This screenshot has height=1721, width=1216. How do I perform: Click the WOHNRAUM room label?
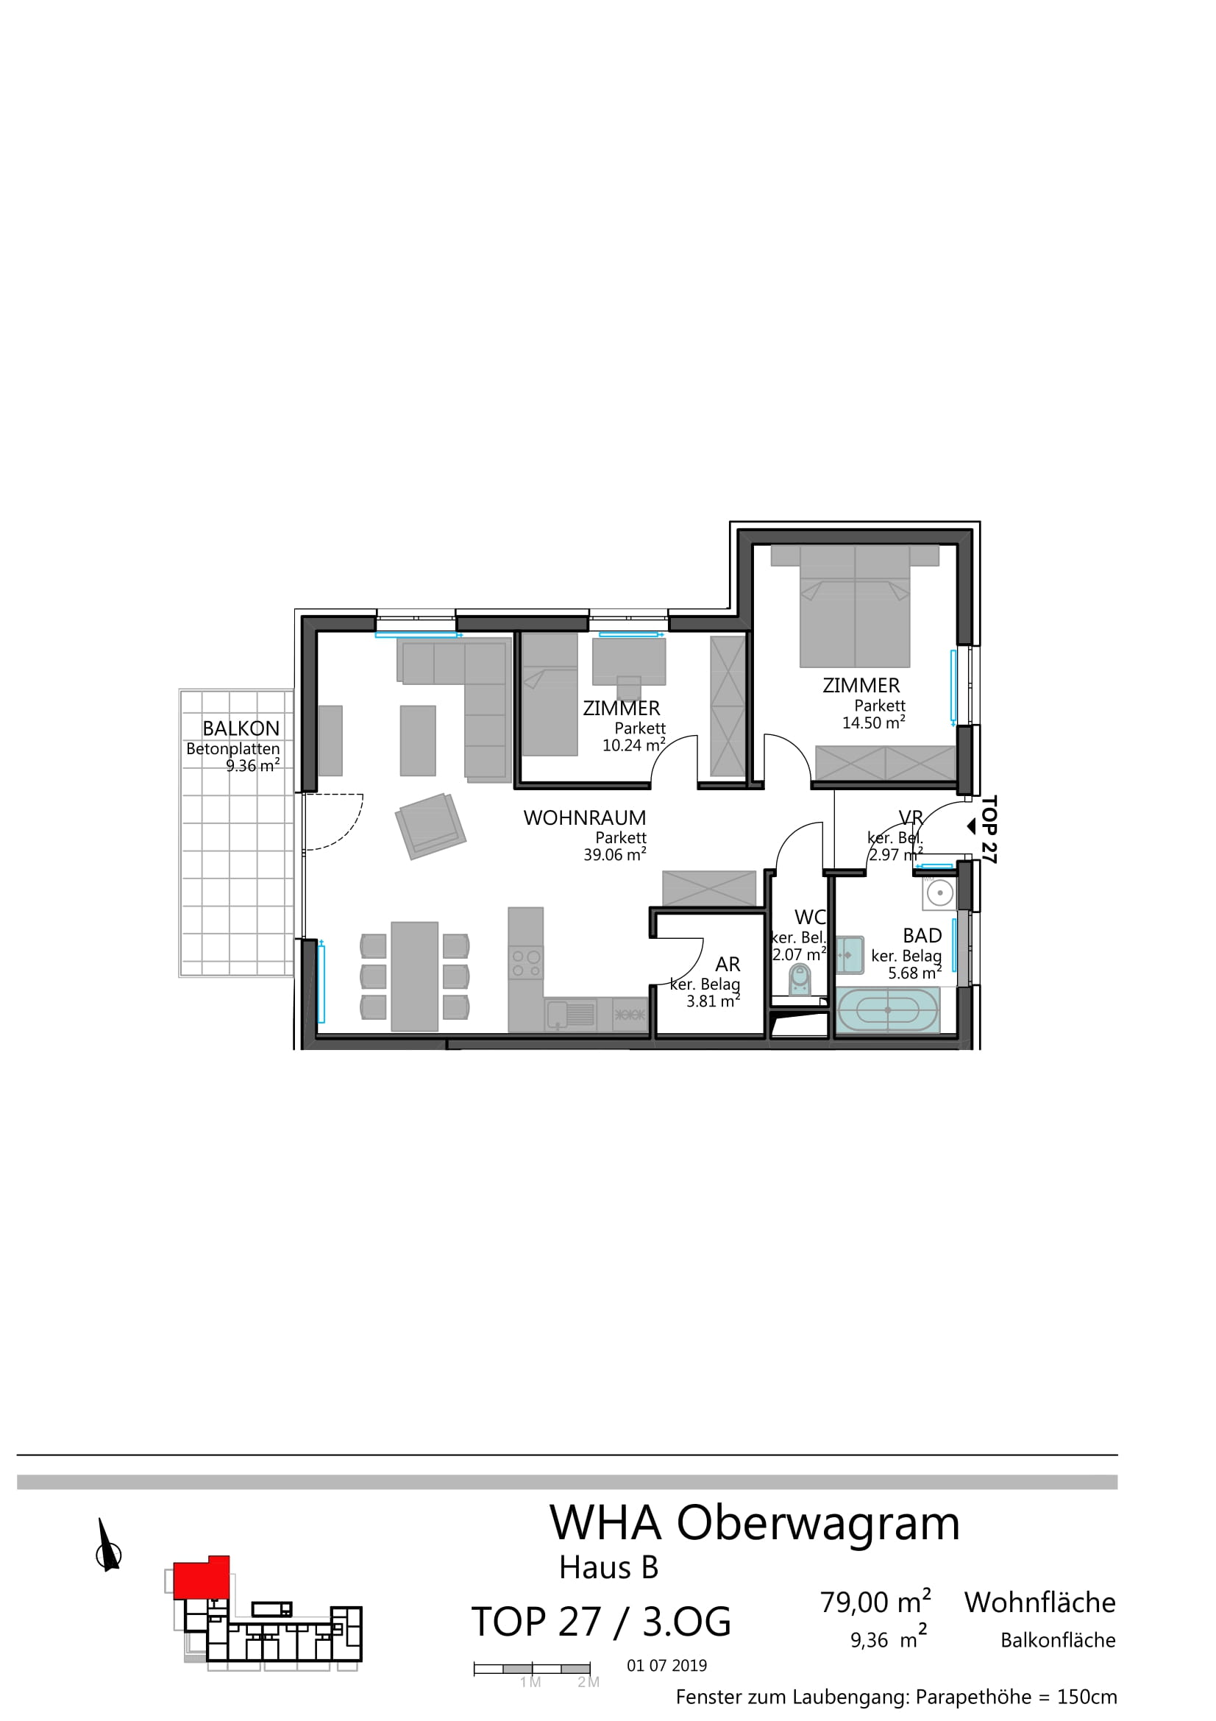click(x=584, y=817)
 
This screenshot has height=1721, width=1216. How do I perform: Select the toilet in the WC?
click(x=800, y=979)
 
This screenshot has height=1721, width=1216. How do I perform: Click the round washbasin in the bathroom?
click(x=939, y=893)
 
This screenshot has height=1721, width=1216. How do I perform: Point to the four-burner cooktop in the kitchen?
click(x=525, y=963)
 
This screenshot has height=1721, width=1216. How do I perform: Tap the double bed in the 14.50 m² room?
click(x=855, y=606)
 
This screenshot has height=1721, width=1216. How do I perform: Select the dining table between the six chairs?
click(x=414, y=976)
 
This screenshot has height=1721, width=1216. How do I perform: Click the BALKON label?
click(x=241, y=728)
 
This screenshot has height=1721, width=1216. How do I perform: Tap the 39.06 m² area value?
click(x=614, y=854)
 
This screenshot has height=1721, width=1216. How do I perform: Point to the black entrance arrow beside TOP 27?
click(x=971, y=826)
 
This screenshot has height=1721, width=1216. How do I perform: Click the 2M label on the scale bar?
click(x=589, y=1683)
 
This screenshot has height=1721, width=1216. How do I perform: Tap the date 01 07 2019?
click(x=666, y=1666)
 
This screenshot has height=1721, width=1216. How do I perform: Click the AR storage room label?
click(x=728, y=964)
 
